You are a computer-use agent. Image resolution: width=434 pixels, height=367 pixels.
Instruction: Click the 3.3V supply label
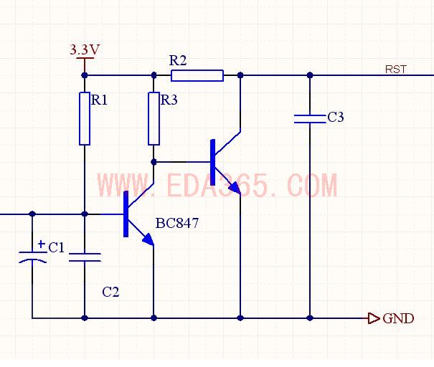coord(85,49)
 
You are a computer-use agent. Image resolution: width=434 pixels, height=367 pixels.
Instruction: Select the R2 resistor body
coord(197,75)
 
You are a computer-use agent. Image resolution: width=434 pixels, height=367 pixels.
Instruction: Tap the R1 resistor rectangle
coord(85,119)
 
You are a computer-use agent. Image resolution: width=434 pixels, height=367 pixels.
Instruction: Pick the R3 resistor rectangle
coord(154,119)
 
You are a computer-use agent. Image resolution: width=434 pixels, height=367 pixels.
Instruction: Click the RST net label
coord(396,69)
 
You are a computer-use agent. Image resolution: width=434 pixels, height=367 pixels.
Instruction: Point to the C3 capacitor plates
coord(310,119)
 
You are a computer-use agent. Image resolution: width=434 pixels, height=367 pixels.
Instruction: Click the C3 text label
coord(336,117)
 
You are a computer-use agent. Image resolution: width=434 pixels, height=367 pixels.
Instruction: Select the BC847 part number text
coord(177,223)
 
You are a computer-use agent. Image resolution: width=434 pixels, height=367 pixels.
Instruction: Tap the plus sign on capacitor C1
coord(42,244)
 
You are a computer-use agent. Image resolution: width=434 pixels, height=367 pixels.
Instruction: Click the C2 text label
coord(110,292)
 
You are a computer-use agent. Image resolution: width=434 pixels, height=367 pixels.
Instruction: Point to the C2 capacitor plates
coord(85,257)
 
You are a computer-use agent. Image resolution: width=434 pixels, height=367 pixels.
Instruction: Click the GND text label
coord(398,318)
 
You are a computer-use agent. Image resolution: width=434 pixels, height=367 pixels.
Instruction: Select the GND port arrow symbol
coord(374,318)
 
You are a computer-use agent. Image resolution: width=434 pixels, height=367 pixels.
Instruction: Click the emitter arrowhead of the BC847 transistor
coord(148,240)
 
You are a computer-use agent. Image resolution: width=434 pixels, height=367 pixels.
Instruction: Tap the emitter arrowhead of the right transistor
coord(235,188)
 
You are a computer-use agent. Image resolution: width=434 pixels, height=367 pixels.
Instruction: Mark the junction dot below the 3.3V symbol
coord(85,75)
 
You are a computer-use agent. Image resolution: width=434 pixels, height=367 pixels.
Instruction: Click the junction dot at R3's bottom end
coord(154,162)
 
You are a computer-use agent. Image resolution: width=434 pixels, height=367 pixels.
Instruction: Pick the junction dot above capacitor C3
coord(310,75)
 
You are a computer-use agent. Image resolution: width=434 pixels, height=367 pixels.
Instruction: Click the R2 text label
coord(178,60)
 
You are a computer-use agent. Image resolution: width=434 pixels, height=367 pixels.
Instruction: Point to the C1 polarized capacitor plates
coord(33,257)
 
